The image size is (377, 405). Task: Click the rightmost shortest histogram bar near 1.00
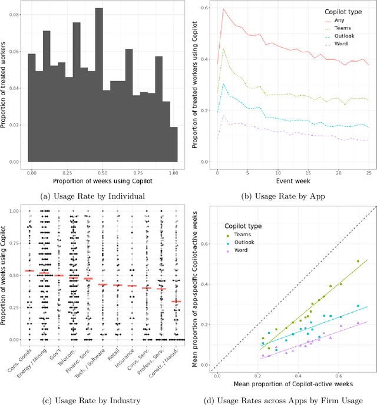[x=173, y=144]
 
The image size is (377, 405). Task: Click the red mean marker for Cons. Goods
[x=28, y=271]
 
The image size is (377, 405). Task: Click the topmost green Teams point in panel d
[x=358, y=261]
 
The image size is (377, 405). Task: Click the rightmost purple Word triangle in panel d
[x=358, y=322]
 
